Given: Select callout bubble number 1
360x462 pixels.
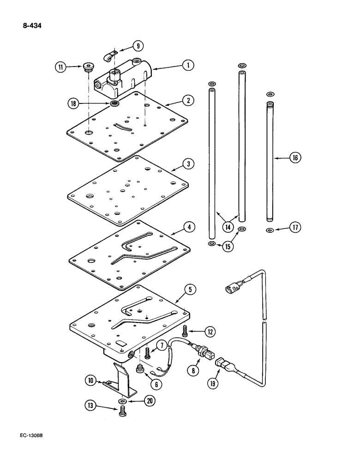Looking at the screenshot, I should tap(187, 65).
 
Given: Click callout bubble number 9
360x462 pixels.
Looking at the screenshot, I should tap(138, 46).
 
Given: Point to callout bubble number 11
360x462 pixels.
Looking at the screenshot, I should tap(60, 67).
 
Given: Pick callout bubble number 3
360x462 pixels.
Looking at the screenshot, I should tap(187, 164).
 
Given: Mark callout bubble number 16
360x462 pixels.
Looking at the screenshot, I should tap(295, 158).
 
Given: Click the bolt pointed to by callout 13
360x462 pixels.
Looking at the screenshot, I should tap(123, 412).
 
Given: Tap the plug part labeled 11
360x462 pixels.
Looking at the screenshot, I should tap(87, 68).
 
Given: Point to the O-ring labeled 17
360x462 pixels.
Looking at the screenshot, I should tap(270, 230).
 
